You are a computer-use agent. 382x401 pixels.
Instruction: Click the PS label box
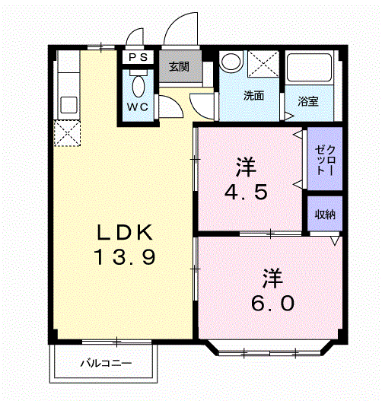(138, 57)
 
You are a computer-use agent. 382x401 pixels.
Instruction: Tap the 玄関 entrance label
(179, 67)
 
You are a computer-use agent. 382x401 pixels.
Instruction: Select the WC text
(138, 107)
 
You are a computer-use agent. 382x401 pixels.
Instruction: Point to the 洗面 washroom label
(253, 95)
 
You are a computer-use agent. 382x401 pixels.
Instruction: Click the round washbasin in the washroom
(231, 62)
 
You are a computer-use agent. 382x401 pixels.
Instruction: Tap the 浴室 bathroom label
(308, 101)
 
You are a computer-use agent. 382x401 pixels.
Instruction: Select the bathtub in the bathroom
(310, 68)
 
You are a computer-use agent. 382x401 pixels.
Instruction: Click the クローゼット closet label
(325, 160)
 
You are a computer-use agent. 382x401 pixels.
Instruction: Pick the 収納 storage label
(325, 215)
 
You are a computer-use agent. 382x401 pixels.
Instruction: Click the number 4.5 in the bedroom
(246, 192)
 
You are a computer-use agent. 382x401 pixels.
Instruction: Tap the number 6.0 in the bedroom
(272, 303)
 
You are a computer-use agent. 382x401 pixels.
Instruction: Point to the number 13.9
(125, 256)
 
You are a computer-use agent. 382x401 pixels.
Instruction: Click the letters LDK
(125, 232)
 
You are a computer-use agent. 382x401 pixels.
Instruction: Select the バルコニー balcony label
(106, 363)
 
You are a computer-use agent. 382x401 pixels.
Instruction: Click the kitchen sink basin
(68, 104)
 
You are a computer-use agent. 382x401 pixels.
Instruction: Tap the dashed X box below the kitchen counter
(67, 133)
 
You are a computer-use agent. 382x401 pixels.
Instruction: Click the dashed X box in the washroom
(263, 64)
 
